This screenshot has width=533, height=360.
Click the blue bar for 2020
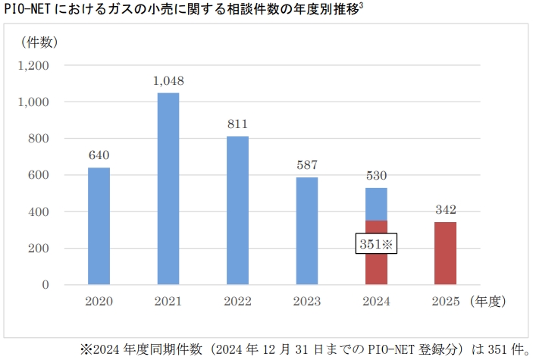click(99, 226)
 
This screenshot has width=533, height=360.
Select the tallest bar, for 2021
click(168, 189)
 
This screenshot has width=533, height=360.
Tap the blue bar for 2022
click(237, 211)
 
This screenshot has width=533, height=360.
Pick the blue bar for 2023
click(306, 231)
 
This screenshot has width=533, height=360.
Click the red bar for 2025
click(445, 253)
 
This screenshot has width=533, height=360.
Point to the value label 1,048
click(168, 80)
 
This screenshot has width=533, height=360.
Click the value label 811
click(237, 124)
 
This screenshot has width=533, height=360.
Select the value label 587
click(306, 164)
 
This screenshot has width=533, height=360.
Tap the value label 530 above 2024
click(376, 175)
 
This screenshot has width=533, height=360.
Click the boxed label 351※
click(376, 244)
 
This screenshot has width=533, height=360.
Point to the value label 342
click(445, 209)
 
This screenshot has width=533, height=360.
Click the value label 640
click(99, 155)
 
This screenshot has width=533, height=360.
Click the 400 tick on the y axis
click(39, 211)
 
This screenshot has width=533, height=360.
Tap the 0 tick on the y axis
click(45, 285)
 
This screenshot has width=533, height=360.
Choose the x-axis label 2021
click(168, 302)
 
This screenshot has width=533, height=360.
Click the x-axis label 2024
click(376, 302)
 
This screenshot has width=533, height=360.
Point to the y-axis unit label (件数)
click(36, 42)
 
